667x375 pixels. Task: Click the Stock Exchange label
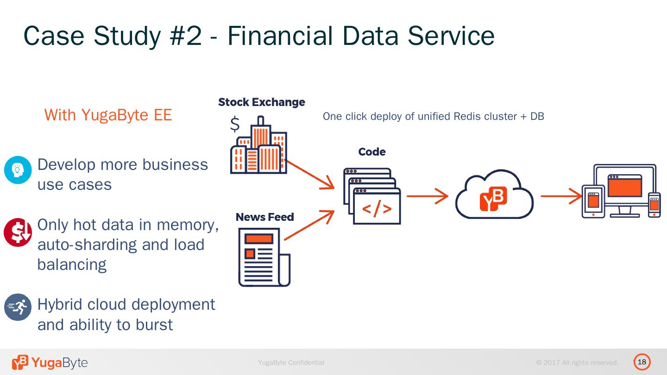pos(261,102)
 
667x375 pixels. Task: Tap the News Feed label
pos(264,217)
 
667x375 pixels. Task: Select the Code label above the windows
pos(371,152)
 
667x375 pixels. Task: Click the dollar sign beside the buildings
pos(235,124)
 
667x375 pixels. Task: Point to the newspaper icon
pos(264,257)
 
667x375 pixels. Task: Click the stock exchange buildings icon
pos(259,147)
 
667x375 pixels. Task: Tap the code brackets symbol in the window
pos(377,209)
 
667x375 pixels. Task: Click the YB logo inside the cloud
pos(493,199)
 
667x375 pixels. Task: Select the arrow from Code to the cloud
pos(427,196)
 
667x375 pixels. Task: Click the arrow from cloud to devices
pos(561,196)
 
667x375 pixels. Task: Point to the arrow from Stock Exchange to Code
pos(309,175)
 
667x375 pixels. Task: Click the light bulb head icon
pos(18,170)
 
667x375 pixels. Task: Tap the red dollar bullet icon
pos(18,232)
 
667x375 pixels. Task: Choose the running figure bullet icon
pos(18,307)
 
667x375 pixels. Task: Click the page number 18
pos(642,362)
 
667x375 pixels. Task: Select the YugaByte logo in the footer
pos(50,362)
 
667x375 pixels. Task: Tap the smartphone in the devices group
pos(654,204)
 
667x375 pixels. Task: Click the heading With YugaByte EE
pos(108,115)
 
